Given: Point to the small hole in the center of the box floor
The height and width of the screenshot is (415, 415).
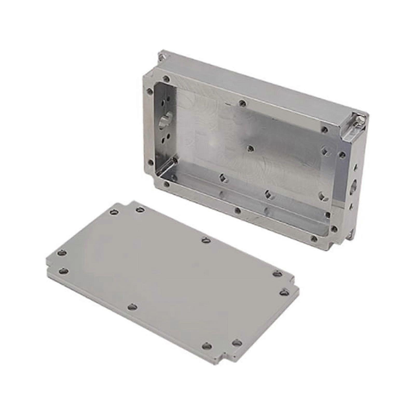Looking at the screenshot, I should [250, 149].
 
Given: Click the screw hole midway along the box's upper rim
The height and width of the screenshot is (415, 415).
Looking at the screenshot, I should [242, 103].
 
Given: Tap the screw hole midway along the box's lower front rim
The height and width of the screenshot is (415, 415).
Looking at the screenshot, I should [238, 210].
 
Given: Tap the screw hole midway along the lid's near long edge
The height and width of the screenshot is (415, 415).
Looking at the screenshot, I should [133, 307].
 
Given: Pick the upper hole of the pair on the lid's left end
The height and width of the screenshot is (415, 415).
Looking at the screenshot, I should [61, 253].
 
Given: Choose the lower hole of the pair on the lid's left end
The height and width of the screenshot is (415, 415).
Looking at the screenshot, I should [64, 271].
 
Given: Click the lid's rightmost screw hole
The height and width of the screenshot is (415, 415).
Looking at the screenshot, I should [285, 293].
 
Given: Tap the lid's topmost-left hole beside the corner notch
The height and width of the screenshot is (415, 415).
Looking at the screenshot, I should [114, 212].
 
